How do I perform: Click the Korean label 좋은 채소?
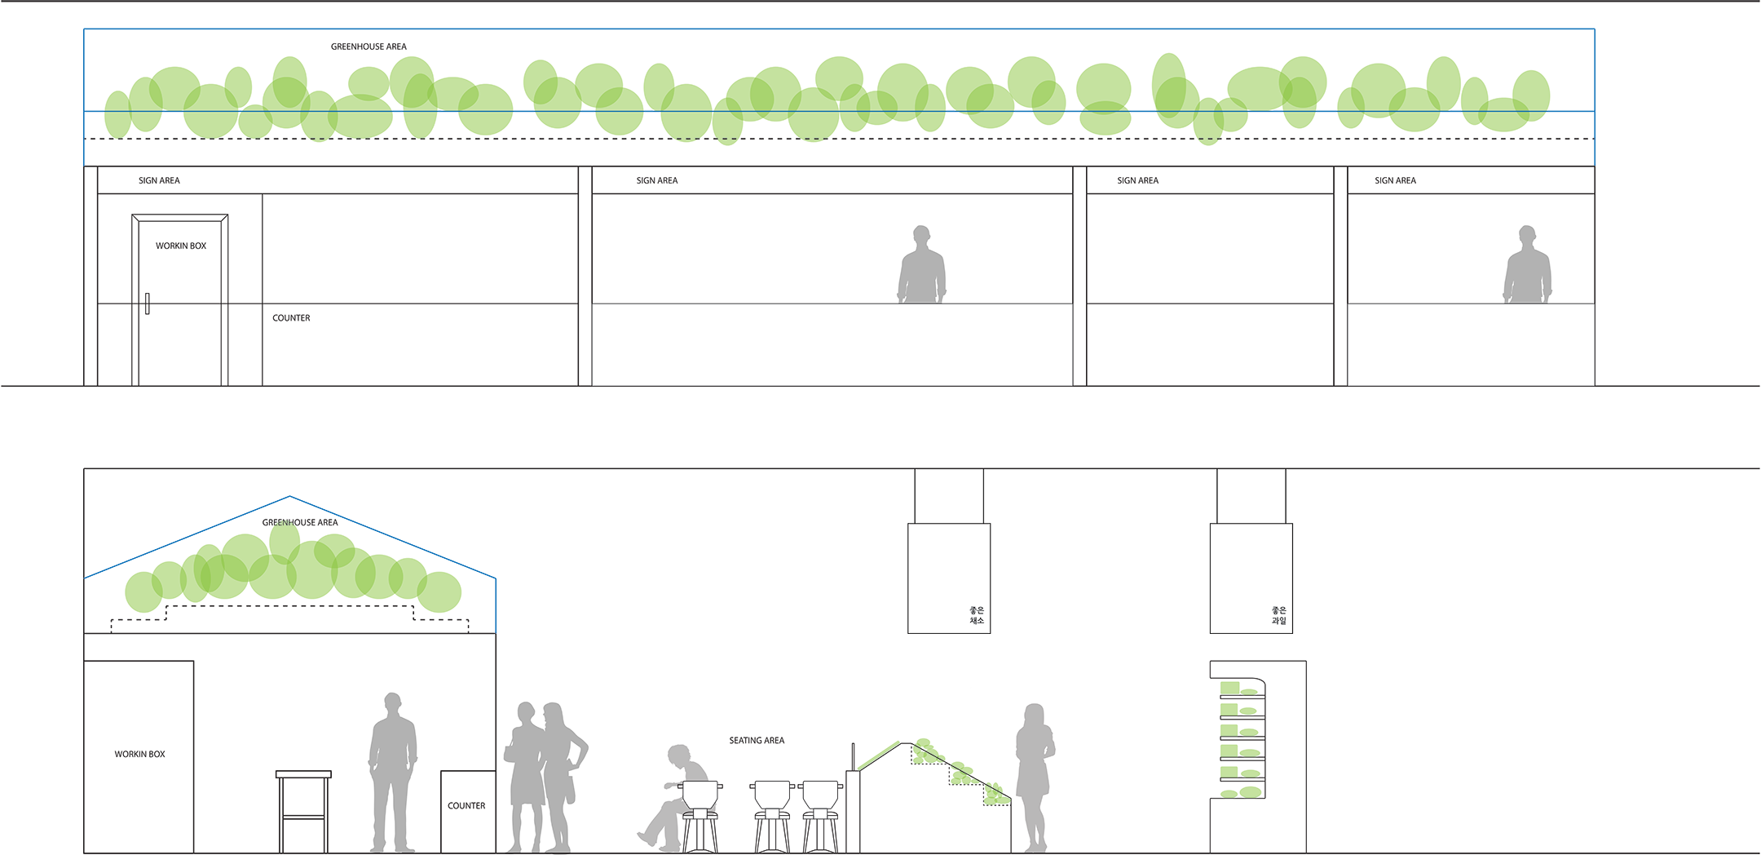coord(977,615)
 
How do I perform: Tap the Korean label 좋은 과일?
coord(1278,615)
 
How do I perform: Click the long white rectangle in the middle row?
coord(832,344)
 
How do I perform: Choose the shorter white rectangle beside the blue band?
coord(1471,344)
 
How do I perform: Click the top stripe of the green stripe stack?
coord(1241,688)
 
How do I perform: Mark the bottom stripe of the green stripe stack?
coord(1241,792)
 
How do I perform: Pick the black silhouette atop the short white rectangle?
coord(1549,266)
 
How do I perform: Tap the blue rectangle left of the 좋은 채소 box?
coord(701,563)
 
